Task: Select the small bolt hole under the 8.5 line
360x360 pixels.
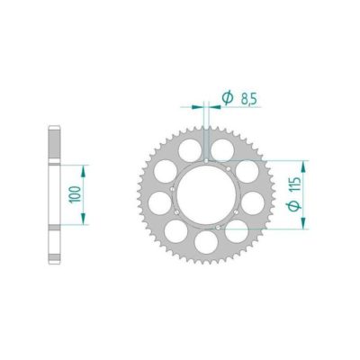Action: tap(208, 161)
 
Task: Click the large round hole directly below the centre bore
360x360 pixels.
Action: tap(209, 240)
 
